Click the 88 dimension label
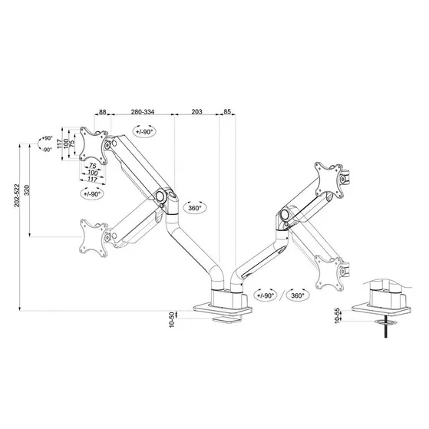[x=104, y=112]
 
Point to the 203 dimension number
[x=196, y=112]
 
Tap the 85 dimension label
[x=227, y=112]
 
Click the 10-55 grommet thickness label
[x=338, y=314]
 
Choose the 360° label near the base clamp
[x=297, y=295]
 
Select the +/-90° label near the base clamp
[x=266, y=295]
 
